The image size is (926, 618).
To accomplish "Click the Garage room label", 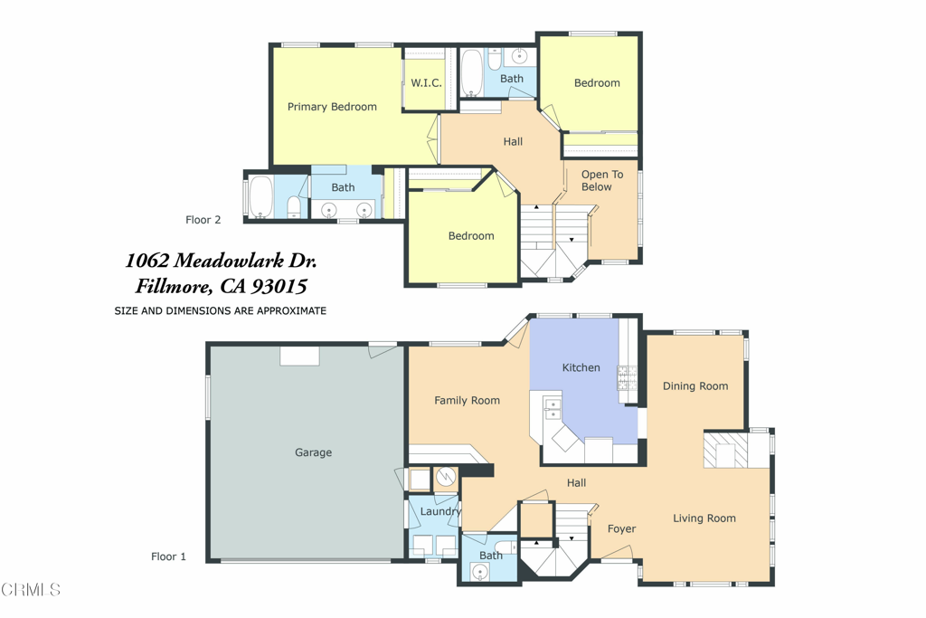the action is [x=313, y=452].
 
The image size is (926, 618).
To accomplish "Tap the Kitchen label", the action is [x=581, y=367].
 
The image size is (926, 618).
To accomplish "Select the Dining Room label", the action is [x=695, y=386].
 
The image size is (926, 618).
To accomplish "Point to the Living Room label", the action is [x=704, y=518].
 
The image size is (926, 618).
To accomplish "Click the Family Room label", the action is [x=468, y=401].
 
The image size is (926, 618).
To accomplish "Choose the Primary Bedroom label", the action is [x=332, y=107].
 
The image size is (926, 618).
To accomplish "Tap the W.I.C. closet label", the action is [x=427, y=83].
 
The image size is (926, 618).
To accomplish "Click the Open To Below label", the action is [x=601, y=181].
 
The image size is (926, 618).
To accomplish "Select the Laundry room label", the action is [x=440, y=511].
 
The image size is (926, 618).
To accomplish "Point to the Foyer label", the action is [x=622, y=529].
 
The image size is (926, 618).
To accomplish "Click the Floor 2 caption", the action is [x=203, y=220].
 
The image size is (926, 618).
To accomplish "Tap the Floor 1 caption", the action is [x=168, y=556].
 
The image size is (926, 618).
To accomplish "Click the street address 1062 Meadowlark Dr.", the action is [x=221, y=261].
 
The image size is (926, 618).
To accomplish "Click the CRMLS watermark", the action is [x=31, y=590].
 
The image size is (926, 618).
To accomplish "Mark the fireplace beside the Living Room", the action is [x=726, y=451].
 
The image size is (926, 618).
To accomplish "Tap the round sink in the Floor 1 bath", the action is [x=480, y=572].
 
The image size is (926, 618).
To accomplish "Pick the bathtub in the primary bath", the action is [x=260, y=196].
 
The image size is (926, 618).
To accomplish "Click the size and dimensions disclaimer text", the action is [x=221, y=310].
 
